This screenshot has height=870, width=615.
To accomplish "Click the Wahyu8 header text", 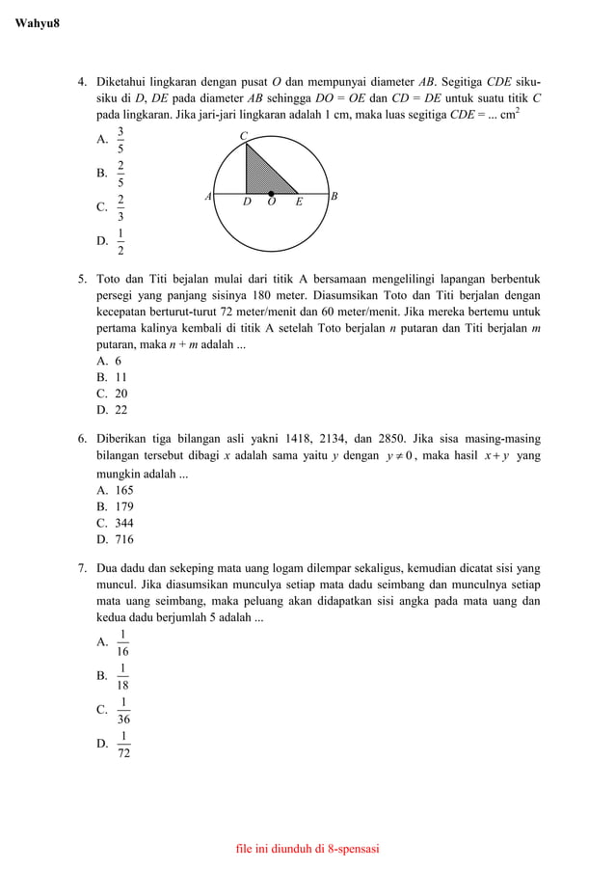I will [x=38, y=22].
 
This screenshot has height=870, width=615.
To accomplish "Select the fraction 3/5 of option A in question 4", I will [x=120, y=140].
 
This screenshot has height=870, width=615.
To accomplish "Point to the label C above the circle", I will [x=244, y=135].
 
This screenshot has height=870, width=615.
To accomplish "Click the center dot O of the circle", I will [x=271, y=194].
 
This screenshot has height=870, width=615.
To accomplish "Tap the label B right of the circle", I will [x=334, y=197].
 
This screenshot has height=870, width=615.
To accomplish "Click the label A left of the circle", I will [x=207, y=197].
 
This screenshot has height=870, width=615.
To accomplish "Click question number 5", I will [x=83, y=280].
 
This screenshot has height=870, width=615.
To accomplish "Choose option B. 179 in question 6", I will [x=115, y=506].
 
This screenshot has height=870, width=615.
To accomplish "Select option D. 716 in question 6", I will [x=115, y=539].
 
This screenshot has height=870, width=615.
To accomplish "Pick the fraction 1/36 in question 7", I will [x=123, y=710].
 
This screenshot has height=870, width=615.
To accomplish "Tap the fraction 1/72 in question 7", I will [x=123, y=744].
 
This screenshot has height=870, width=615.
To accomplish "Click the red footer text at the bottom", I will [x=307, y=849].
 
